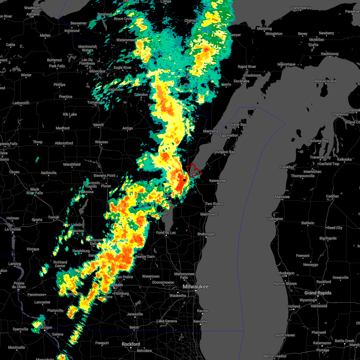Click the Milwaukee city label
[196, 286]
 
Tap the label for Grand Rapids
[318, 293]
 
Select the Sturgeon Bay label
[224, 152]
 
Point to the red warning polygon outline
[194, 170]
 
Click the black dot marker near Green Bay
[184, 180]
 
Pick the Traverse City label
[321, 157]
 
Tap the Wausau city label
[101, 142]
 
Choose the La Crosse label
[13, 229]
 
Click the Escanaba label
[241, 81]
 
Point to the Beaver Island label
[325, 81]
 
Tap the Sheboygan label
[206, 234]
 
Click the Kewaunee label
[217, 181]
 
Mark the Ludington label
[275, 219]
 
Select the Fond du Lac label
[166, 232]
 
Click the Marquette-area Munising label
[264, 29]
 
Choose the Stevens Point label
[104, 175]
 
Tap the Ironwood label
[72, 31]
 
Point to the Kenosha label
[200, 321]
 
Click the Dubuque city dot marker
[45, 330]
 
